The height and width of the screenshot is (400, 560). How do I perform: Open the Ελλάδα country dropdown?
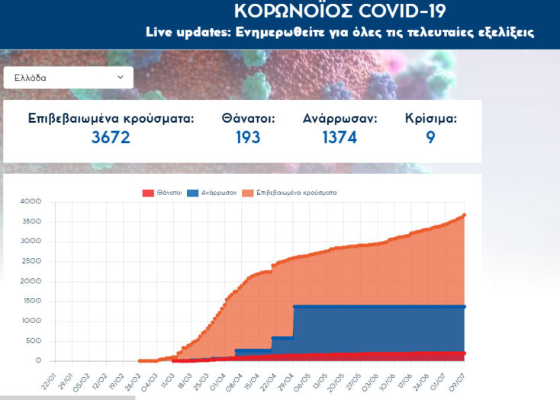coord(68,78)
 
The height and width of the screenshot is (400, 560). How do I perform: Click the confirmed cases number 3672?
coord(111,138)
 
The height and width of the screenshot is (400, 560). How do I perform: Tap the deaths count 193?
coord(248,138)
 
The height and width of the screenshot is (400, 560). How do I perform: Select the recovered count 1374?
coord(340,138)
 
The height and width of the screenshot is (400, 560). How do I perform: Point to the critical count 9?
coord(431,138)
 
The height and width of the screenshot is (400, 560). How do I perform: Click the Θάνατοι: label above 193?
coord(248,119)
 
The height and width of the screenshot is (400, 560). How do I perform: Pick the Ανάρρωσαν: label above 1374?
coord(340,119)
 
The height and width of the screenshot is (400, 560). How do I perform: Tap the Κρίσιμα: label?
coord(431,119)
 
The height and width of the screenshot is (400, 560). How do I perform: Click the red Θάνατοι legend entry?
coord(163,193)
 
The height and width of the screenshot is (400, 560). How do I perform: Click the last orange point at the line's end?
coord(464,215)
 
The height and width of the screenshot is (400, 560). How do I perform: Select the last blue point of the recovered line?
coord(464,306)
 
